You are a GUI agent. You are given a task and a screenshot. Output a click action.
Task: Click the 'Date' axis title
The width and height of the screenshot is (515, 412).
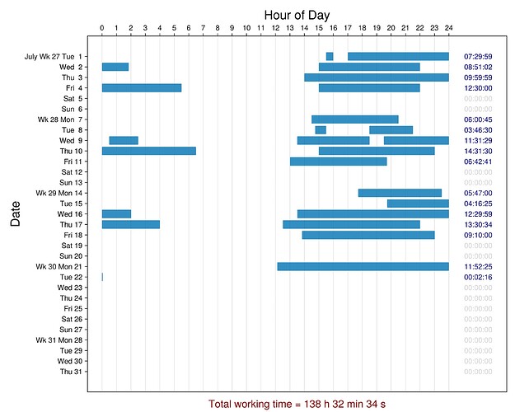coord(15,217)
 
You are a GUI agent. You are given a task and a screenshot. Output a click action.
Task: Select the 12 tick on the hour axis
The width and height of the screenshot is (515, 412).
coord(275,29)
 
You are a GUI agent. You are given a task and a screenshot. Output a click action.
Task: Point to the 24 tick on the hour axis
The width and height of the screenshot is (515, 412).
coord(448,29)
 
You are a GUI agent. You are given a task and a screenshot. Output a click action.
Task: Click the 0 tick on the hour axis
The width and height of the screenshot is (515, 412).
coord(102,29)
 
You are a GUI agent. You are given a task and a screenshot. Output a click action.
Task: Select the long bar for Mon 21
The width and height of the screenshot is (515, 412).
coord(363,266)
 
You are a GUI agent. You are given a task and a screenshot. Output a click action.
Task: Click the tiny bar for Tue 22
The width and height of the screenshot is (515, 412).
coord(102,277)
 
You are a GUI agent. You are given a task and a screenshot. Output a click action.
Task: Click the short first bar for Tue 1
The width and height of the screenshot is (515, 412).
coord(330,56)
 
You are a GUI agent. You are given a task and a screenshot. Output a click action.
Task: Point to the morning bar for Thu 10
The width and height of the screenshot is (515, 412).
coord(149,151)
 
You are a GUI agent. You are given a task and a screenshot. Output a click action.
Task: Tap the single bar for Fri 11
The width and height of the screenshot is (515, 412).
coord(338,162)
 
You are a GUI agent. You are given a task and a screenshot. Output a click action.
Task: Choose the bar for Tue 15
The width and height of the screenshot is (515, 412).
coord(418,204)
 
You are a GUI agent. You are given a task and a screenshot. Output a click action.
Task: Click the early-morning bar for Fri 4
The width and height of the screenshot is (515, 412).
coord(142,88)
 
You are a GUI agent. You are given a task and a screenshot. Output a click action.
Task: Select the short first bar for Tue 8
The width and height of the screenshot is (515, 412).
coord(321,130)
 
